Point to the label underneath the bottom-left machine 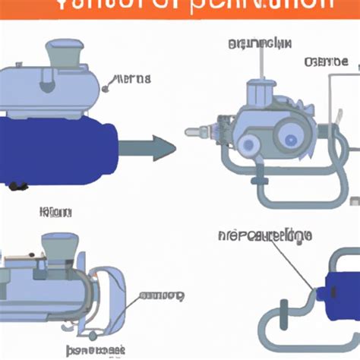(95, 350)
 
